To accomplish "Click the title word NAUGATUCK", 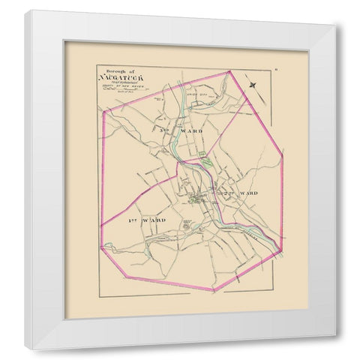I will [118, 78].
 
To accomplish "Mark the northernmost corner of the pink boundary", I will [229, 73].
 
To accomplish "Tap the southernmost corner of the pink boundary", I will [214, 291].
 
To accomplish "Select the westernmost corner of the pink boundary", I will [100, 225].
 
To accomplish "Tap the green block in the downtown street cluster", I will [196, 198].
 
